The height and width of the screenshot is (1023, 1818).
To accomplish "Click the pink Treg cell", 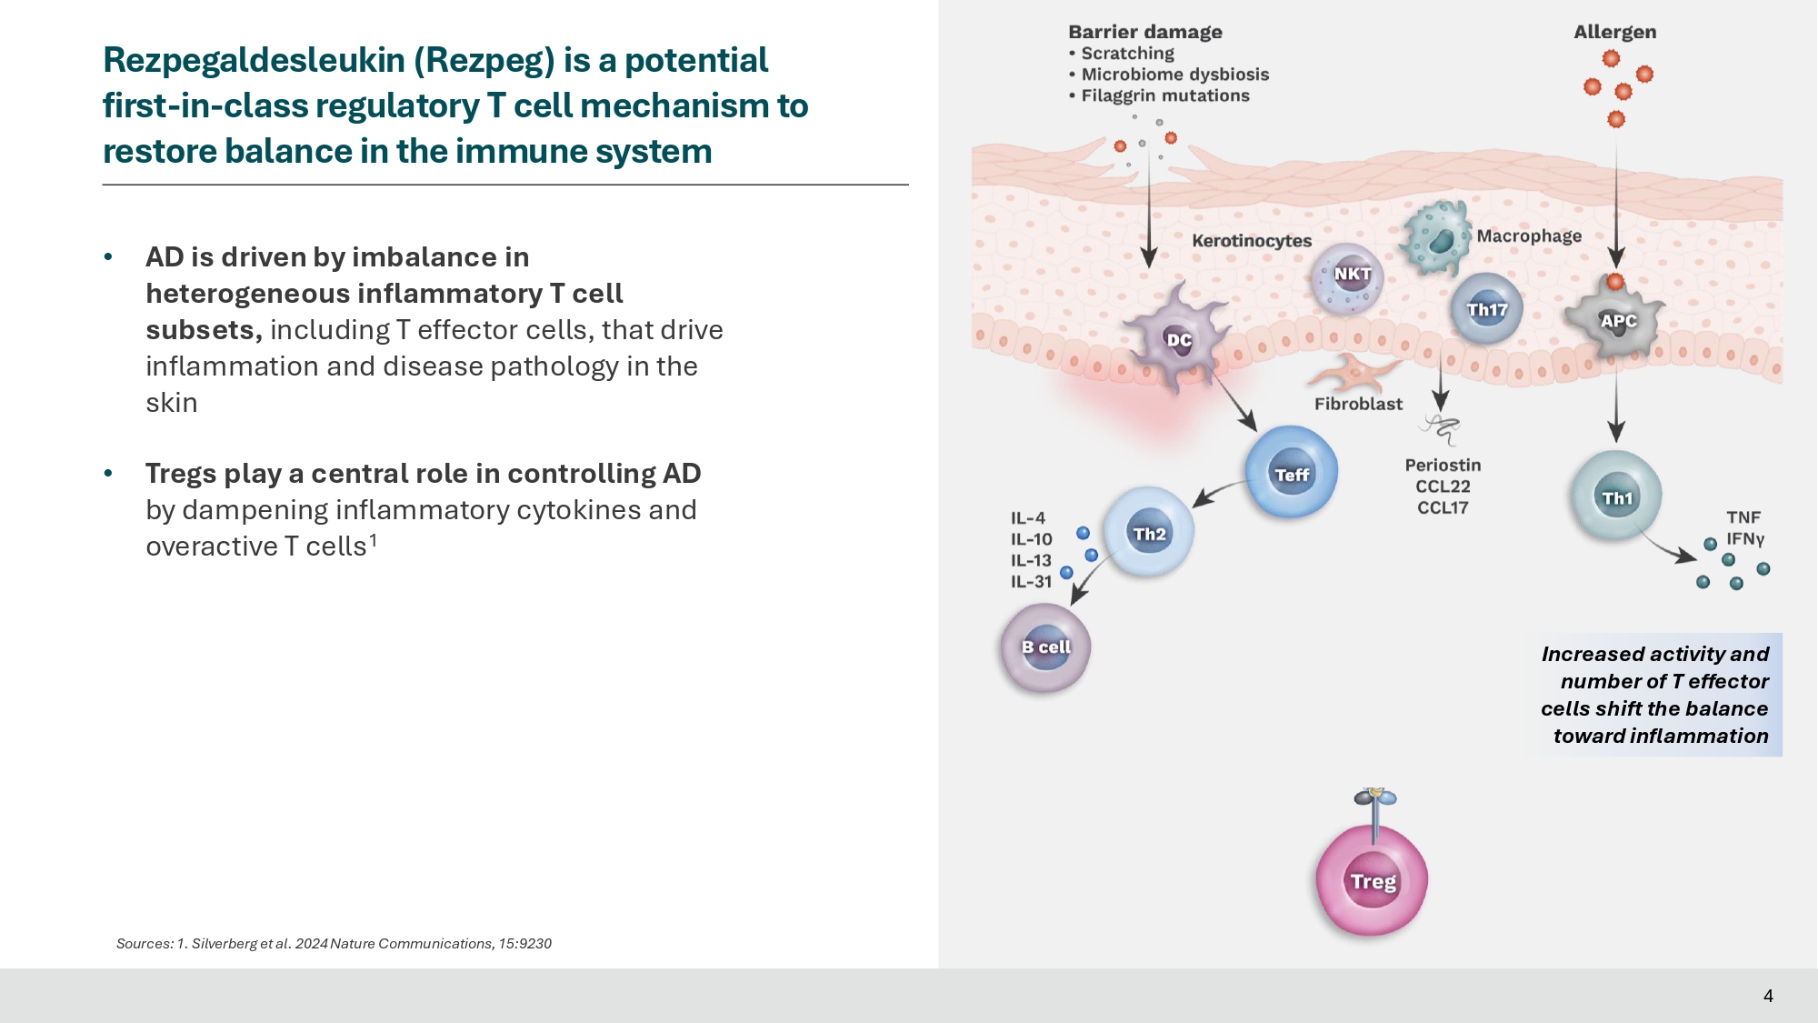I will [1372, 879].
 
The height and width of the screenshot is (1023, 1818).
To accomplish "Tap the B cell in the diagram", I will [1045, 647].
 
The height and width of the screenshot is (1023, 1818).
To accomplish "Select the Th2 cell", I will [1149, 533].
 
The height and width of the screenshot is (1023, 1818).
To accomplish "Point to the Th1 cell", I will [1616, 496].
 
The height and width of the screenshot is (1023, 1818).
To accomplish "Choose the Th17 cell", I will [1486, 309].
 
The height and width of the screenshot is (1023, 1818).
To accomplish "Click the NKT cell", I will [1351, 276].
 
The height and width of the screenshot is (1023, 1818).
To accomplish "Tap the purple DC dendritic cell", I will [1177, 339].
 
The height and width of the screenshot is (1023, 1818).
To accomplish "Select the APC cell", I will [1617, 320].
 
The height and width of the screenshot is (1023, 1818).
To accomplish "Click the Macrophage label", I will [1529, 236].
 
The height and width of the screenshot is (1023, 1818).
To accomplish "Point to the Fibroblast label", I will [1358, 404].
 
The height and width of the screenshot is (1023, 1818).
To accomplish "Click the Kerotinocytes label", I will [1252, 241].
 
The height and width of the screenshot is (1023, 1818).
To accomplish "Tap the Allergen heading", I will [1614, 32].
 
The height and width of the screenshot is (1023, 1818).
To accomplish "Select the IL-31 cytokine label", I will [1031, 582].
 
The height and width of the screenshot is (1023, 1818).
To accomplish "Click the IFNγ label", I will [1745, 538].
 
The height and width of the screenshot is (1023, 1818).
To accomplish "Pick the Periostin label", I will [1443, 466].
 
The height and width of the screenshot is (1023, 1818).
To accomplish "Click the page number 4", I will [1768, 996].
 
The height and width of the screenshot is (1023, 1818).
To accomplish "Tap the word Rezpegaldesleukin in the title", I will [255, 60].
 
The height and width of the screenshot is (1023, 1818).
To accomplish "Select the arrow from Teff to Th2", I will [1218, 491].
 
